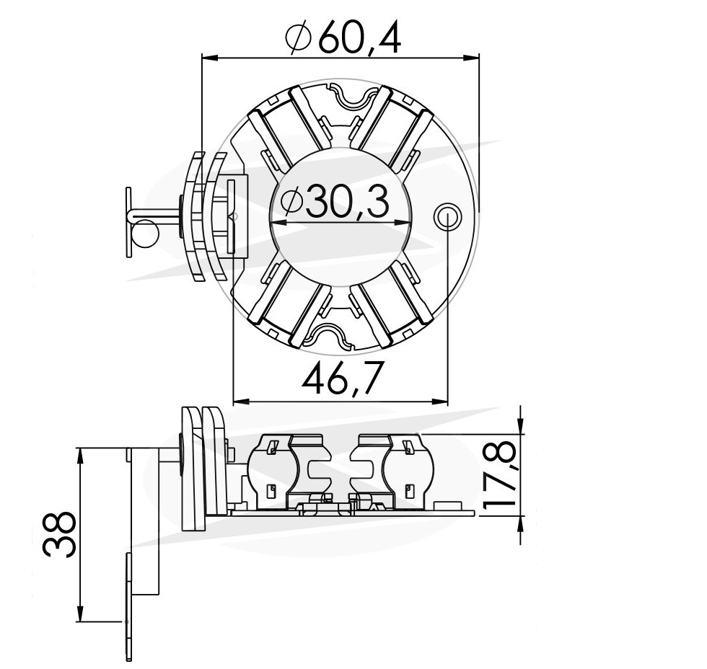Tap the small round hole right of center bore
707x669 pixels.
[x=447, y=215]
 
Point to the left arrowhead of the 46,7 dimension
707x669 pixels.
[x=240, y=401]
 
